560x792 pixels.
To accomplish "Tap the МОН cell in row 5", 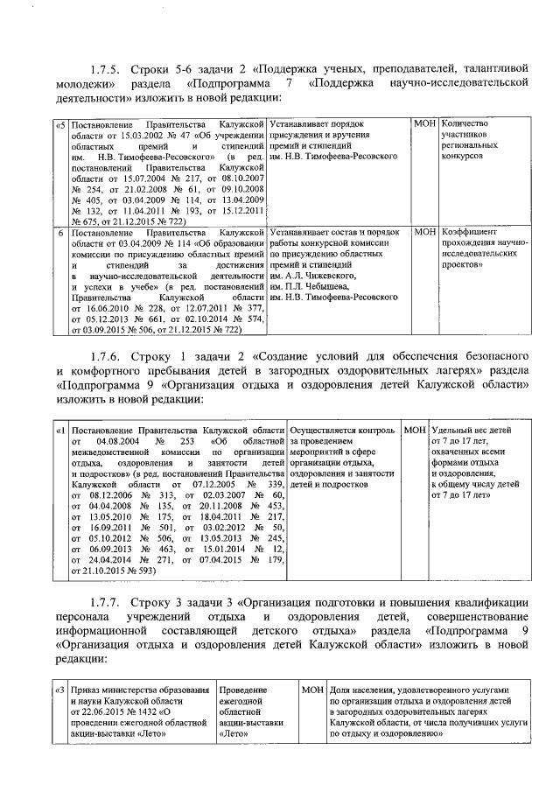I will coord(425,126).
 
